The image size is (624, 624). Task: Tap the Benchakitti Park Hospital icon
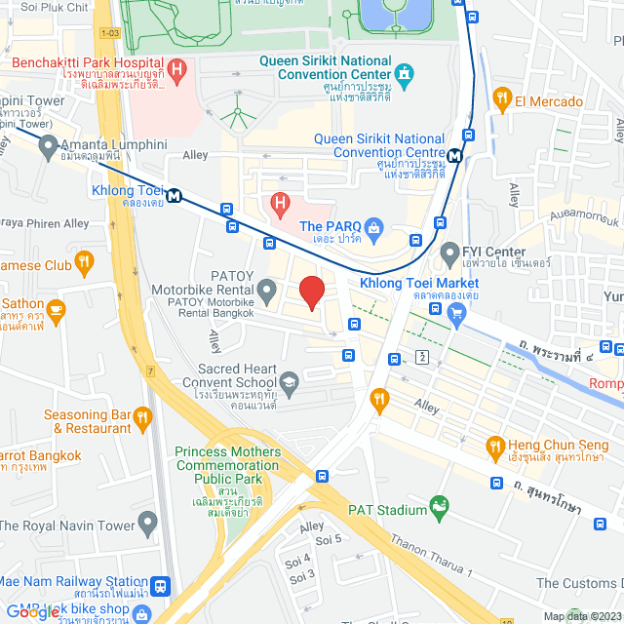click(x=176, y=69)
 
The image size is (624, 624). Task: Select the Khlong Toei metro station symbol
click(x=175, y=194)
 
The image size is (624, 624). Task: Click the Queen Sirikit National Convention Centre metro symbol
click(x=454, y=155)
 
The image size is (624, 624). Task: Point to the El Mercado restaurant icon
click(x=502, y=97)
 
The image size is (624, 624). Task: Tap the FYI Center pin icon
click(x=449, y=254)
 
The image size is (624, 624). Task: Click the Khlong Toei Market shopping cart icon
click(x=454, y=314)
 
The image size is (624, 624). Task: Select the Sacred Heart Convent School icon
click(x=289, y=381)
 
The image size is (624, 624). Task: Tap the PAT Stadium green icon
click(x=441, y=508)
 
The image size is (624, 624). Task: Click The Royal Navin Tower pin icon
click(x=147, y=524)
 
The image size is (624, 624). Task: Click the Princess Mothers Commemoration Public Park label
click(x=228, y=466)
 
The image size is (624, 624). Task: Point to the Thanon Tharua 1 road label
click(x=431, y=555)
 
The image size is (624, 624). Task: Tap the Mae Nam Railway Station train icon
click(x=162, y=588)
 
